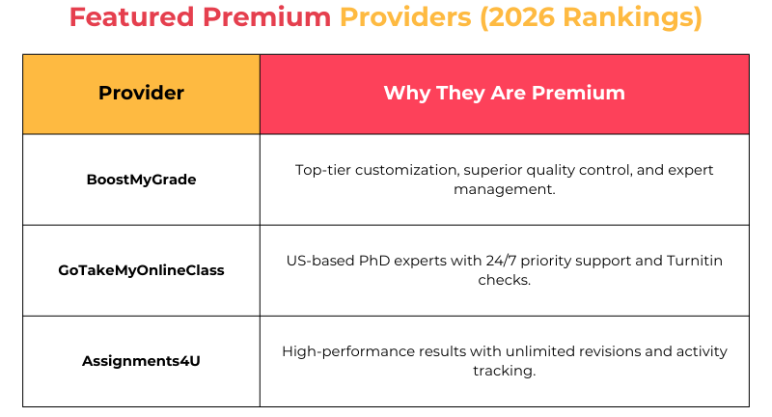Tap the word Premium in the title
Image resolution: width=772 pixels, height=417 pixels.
coord(266,18)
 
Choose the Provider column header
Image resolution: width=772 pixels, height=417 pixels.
coord(141,94)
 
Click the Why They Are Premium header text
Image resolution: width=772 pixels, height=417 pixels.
coord(504,94)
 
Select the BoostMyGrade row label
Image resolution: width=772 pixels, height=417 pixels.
coord(141,180)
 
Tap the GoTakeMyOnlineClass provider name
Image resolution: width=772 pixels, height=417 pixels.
coord(141,270)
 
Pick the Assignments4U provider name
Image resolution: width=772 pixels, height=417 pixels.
coord(141,361)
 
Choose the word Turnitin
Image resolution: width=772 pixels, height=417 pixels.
coord(690,261)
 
